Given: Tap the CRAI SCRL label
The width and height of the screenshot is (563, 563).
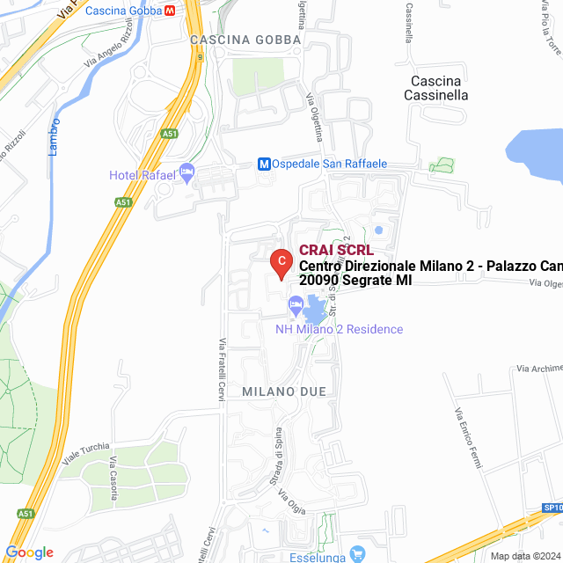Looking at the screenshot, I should (x=336, y=251).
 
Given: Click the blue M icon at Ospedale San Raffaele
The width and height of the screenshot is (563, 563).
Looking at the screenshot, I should (x=263, y=164).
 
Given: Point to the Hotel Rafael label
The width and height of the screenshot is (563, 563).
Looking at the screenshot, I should (x=142, y=175).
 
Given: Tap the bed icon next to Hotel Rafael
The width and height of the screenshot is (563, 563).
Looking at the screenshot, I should (x=186, y=172).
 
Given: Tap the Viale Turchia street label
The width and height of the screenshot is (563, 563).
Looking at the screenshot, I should (x=86, y=451).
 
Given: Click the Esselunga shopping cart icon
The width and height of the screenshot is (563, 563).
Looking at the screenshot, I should (x=357, y=554).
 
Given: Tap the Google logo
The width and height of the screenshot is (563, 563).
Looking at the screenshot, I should (x=29, y=552).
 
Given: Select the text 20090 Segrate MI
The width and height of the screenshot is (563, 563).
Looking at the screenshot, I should (x=355, y=280).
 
